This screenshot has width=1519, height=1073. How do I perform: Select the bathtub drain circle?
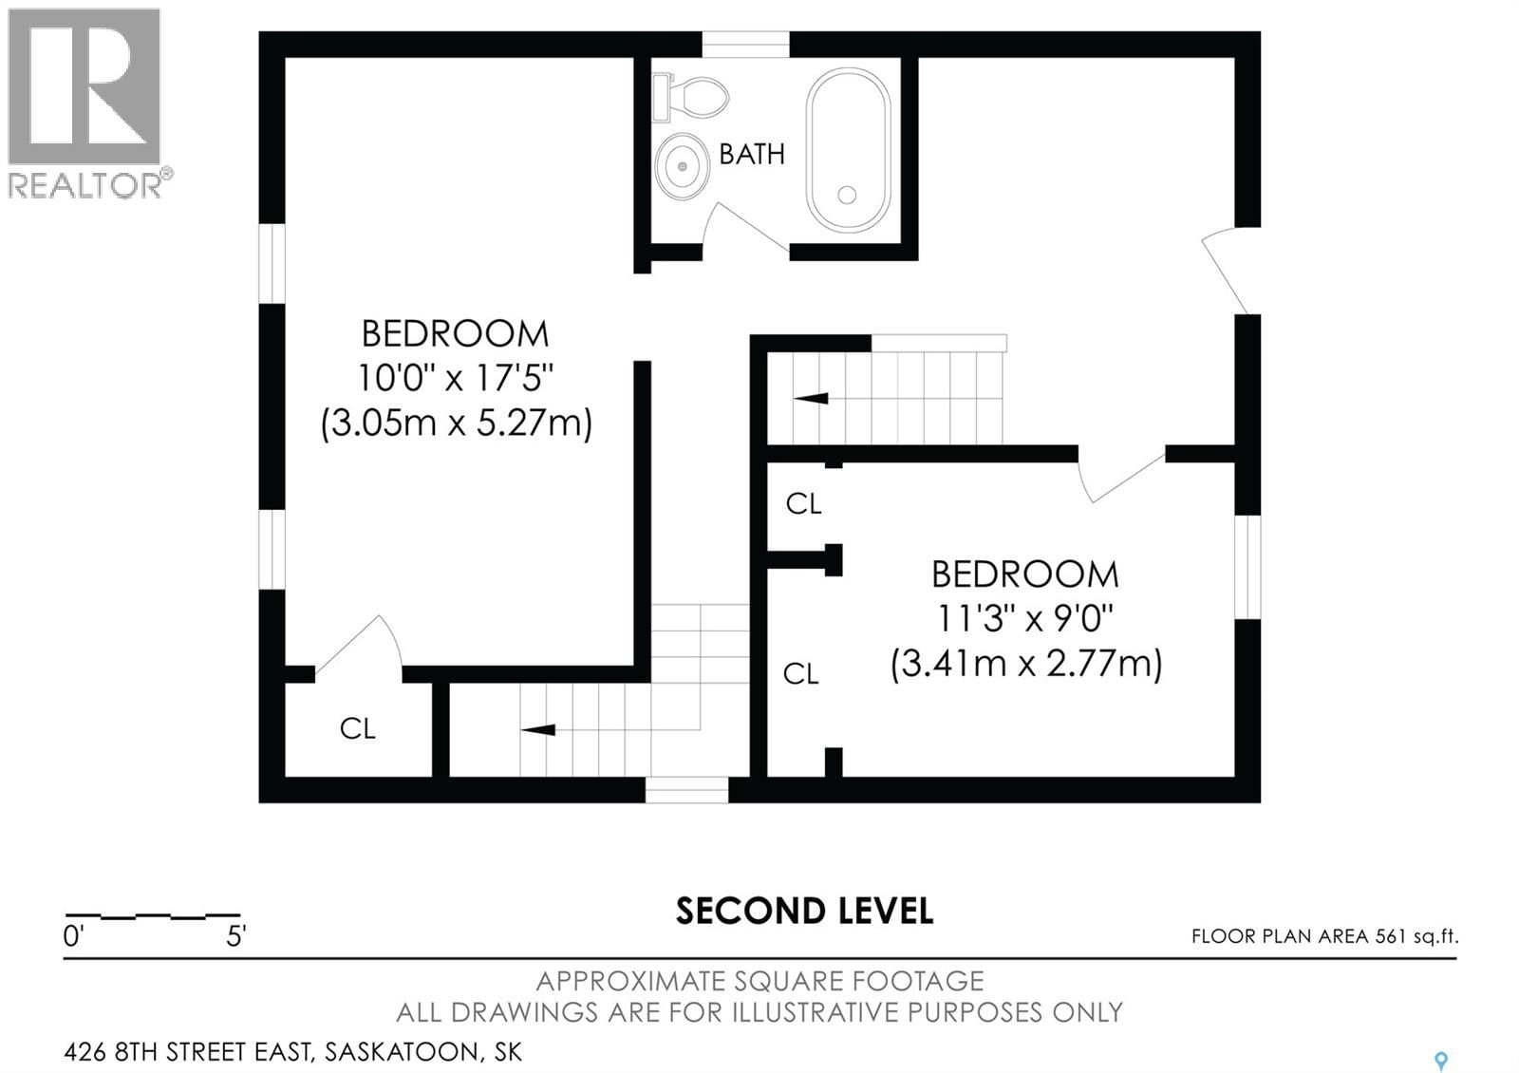(x=847, y=195)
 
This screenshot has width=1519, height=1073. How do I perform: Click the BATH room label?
(x=751, y=154)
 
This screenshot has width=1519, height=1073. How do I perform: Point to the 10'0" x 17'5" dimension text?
(x=456, y=378)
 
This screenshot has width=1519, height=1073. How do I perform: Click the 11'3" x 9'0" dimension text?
(x=1025, y=619)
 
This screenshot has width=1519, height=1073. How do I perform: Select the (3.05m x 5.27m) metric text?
(x=456, y=422)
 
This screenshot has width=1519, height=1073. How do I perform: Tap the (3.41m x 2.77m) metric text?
(x=1025, y=663)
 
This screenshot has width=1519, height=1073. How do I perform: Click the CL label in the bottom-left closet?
(x=358, y=729)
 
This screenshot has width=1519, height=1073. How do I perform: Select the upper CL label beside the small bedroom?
(x=803, y=504)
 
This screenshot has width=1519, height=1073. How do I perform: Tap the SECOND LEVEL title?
(x=804, y=911)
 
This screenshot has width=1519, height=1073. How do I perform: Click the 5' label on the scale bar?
(x=235, y=936)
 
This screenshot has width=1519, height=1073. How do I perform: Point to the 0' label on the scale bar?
(x=74, y=936)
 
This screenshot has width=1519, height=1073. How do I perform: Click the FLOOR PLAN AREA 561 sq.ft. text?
(x=1324, y=936)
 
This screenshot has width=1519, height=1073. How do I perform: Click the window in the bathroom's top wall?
(x=745, y=44)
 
